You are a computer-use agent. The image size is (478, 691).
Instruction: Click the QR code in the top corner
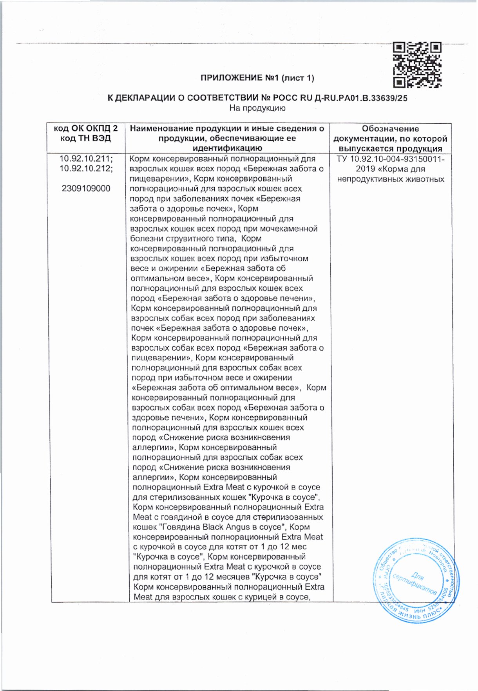[417, 65]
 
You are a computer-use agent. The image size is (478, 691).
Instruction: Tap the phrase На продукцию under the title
[257, 108]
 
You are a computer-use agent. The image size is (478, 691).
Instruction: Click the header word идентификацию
[227, 148]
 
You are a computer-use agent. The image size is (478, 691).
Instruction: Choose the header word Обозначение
[390, 128]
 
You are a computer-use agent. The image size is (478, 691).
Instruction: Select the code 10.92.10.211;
[86, 159]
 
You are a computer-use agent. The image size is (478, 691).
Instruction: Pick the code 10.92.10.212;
[86, 169]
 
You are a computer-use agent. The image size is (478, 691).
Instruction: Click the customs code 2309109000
[86, 189]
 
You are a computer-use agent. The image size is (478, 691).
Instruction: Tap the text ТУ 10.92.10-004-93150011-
[390, 159]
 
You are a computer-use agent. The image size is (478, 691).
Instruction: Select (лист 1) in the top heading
[298, 78]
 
